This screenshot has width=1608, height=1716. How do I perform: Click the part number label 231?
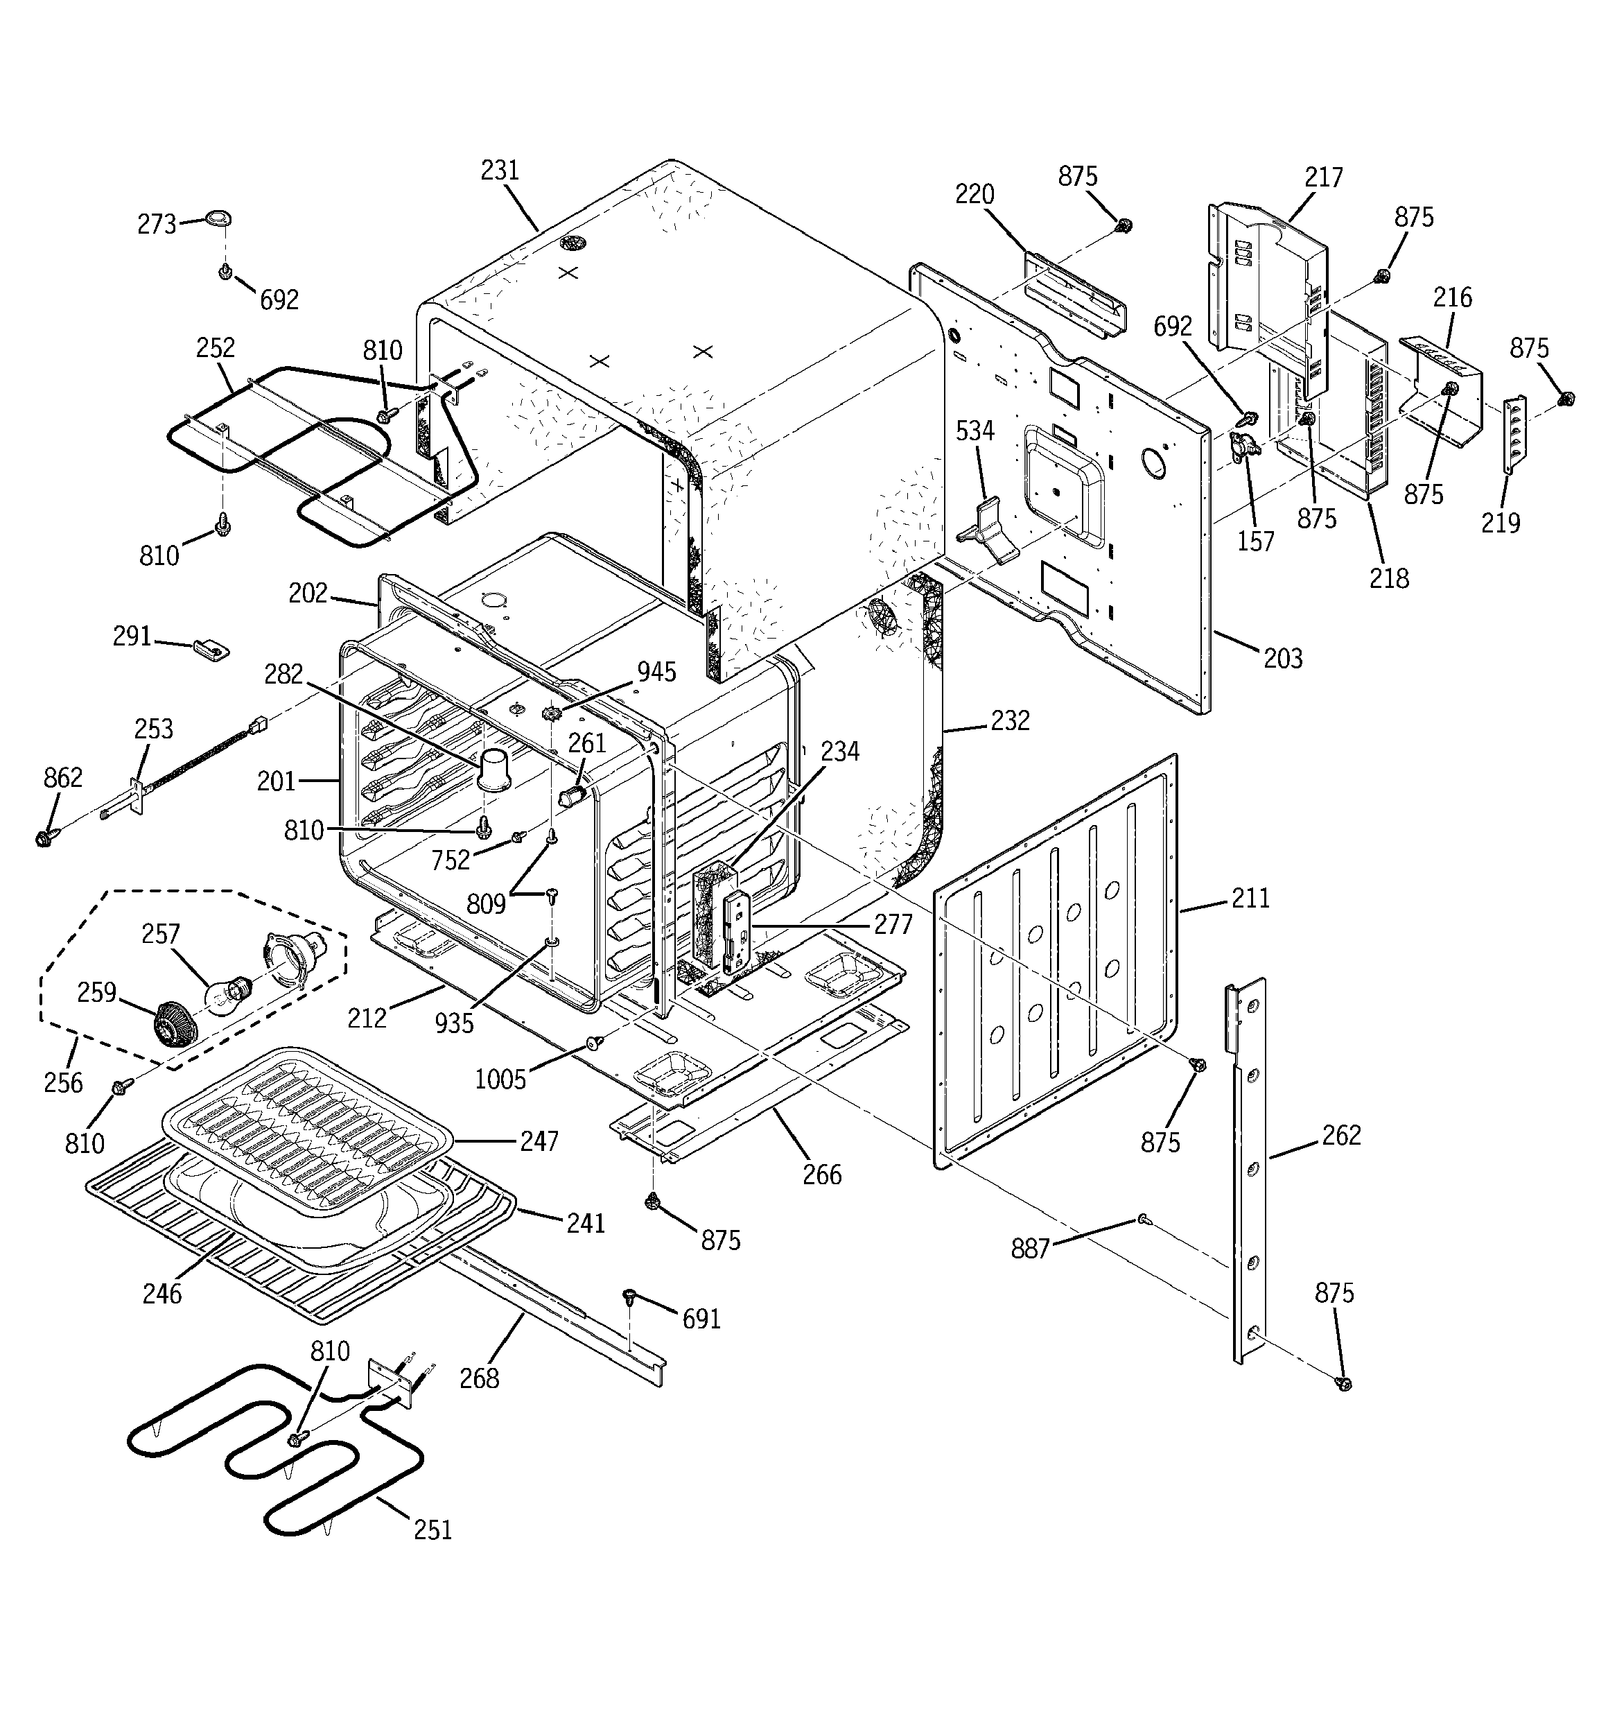pyautogui.click(x=500, y=171)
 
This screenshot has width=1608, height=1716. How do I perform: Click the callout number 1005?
pyautogui.click(x=500, y=1080)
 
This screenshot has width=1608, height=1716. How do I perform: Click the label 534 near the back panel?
pyautogui.click(x=975, y=431)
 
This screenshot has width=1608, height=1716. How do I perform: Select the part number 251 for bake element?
pyautogui.click(x=432, y=1529)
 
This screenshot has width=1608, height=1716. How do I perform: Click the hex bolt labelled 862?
pyautogui.click(x=44, y=838)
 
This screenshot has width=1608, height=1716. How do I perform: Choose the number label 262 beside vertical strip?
pyautogui.click(x=1340, y=1135)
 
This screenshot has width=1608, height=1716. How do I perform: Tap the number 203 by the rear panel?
pyautogui.click(x=1283, y=658)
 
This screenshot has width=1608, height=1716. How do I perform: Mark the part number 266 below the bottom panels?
pyautogui.click(x=822, y=1174)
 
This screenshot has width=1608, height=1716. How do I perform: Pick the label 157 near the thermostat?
pyautogui.click(x=1255, y=541)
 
